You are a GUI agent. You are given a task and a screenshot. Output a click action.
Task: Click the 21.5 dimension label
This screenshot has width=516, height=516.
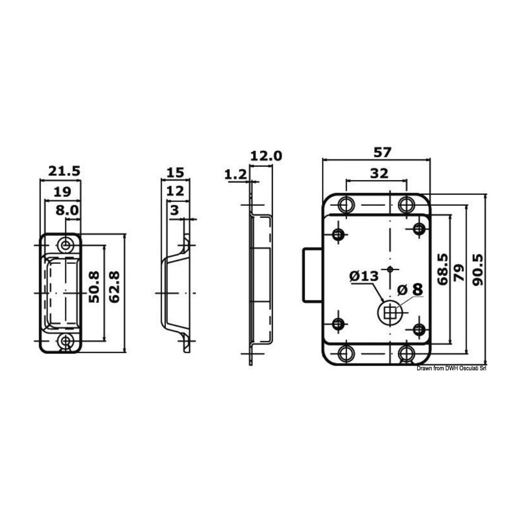64,171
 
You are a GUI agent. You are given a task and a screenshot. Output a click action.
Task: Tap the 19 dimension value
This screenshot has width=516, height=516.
62,191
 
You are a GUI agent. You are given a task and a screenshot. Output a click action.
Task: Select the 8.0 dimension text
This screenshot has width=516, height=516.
68,210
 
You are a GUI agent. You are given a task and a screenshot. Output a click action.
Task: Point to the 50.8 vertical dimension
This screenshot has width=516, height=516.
94,287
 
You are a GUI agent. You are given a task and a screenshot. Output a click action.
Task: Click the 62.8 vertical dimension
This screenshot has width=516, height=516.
114,287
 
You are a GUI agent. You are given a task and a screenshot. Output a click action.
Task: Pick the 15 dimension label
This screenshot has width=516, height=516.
175,173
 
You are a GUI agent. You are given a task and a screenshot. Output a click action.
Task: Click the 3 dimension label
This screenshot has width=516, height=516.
174,210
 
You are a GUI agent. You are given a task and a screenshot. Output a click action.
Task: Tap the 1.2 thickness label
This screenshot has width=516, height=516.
235,174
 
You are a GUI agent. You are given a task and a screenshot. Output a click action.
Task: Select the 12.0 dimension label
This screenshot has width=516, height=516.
266,156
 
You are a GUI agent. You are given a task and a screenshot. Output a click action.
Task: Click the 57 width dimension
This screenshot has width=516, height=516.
382,153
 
